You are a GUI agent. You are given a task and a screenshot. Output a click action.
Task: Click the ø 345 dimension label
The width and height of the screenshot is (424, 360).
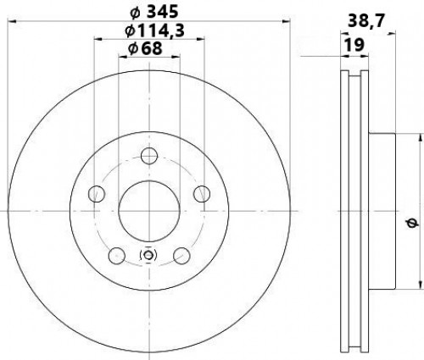click(154, 12)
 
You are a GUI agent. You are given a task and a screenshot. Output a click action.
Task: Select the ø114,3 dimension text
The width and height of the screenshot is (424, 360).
click(155, 30)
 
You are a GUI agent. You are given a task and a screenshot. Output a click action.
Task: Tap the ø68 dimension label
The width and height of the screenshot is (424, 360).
click(145, 48)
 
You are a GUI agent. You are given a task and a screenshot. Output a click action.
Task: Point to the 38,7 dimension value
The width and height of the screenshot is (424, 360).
click(366, 20)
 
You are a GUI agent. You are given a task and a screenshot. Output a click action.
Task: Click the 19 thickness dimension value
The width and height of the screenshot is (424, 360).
click(354, 45)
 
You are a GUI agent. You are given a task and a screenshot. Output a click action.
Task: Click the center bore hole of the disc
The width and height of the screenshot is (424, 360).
click(149, 211)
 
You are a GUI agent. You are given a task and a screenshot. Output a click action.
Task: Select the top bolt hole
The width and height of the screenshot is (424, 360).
click(149, 156)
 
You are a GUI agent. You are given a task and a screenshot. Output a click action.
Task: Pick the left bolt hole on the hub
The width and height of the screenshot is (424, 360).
click(97, 194)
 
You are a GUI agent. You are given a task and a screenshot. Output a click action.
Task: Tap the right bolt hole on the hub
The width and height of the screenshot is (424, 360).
click(202, 194)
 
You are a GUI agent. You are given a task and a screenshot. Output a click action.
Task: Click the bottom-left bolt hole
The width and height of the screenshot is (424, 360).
click(117, 256)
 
